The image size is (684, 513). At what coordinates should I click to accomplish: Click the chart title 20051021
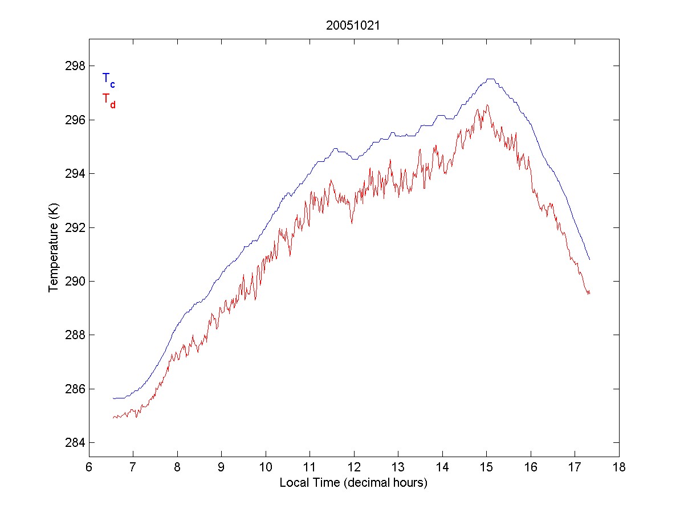[353, 26]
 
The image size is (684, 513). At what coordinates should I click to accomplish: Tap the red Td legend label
[108, 100]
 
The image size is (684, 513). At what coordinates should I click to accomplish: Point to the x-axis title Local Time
[353, 483]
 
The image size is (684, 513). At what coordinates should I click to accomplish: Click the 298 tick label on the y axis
[74, 66]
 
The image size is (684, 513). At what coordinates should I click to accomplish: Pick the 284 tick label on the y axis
[74, 443]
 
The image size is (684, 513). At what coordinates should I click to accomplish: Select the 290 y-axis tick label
[74, 282]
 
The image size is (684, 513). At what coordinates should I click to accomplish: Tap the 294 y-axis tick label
[74, 174]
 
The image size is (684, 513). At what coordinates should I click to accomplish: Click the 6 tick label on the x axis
[89, 467]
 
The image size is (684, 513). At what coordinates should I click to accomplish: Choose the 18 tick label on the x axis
[619, 467]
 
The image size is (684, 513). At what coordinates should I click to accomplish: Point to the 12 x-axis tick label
[354, 467]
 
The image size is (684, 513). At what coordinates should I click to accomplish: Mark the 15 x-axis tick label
[486, 467]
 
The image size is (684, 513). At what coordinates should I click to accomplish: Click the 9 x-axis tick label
[221, 467]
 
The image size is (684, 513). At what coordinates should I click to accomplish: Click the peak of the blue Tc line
[490, 79]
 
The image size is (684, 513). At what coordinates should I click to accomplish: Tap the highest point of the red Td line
[487, 105]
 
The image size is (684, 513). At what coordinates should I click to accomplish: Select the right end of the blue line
[589, 259]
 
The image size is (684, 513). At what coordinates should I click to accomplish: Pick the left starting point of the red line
[113, 418]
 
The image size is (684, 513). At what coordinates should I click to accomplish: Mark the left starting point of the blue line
[113, 398]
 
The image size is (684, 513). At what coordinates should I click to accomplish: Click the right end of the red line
[589, 293]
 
